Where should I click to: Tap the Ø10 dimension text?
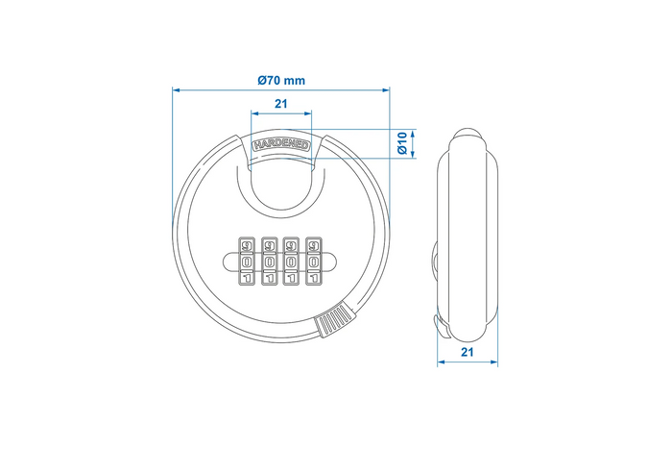(x=404, y=143)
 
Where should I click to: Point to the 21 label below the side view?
(x=468, y=352)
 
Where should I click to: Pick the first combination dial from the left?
(x=246, y=262)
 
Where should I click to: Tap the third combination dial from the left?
(x=290, y=262)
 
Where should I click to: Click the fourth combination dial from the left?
(x=312, y=262)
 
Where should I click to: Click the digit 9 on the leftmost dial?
(x=246, y=244)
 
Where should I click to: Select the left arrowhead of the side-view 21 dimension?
(x=442, y=363)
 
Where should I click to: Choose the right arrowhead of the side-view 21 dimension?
(x=494, y=363)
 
